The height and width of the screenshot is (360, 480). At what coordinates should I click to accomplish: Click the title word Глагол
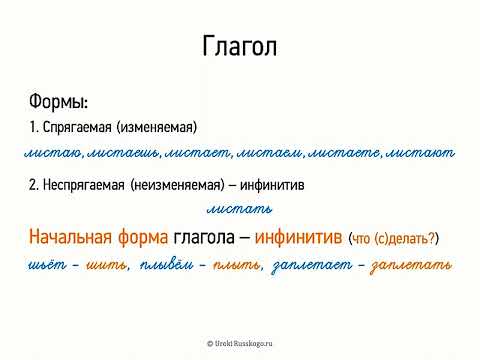click(x=239, y=47)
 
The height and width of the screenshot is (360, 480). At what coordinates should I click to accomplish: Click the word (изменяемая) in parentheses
click(x=163, y=127)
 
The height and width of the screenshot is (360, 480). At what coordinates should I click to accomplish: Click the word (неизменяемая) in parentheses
click(x=184, y=186)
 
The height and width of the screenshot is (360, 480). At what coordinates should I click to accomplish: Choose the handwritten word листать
click(x=239, y=210)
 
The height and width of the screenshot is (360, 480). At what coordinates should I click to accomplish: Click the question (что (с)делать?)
click(x=395, y=239)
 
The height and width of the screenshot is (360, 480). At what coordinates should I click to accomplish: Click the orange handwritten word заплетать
click(x=411, y=266)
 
